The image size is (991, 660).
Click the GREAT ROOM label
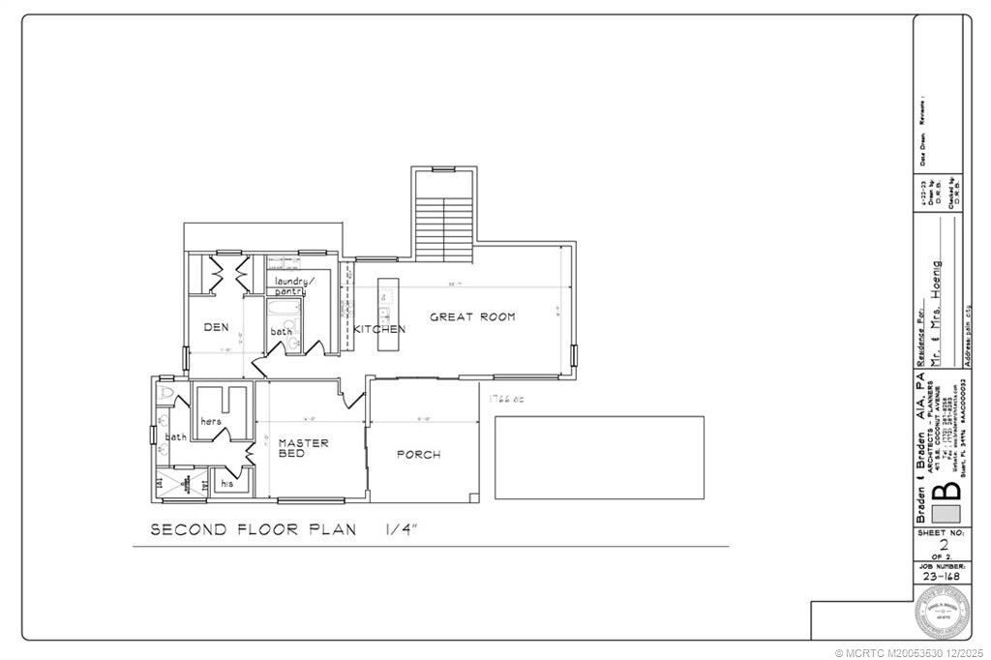pyautogui.click(x=472, y=316)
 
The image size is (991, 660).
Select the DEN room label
pyautogui.click(x=216, y=327)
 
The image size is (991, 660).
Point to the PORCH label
pyautogui.click(x=418, y=455)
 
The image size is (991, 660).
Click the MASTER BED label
pyautogui.click(x=304, y=448)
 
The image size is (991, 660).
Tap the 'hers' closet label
pyautogui.click(x=211, y=422)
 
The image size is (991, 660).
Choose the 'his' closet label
pyautogui.click(x=227, y=482)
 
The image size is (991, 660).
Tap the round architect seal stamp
pyautogui.click(x=944, y=613)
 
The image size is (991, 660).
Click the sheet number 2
pyautogui.click(x=944, y=545)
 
